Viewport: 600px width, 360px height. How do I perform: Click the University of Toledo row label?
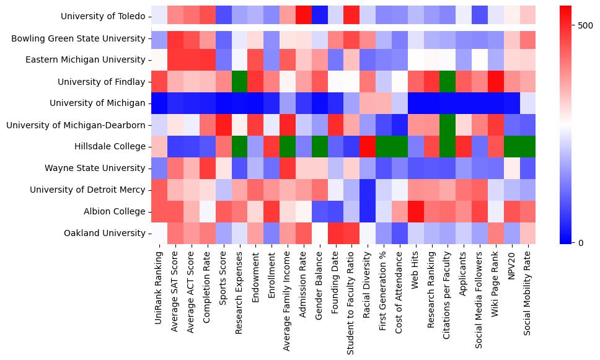click(104, 17)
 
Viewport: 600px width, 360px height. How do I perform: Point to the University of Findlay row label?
click(102, 82)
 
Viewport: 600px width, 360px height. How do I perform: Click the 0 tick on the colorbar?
click(580, 242)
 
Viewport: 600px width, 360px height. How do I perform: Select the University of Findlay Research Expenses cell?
click(240, 82)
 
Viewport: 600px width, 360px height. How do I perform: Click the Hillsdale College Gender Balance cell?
click(320, 147)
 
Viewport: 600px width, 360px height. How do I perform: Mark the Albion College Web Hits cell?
click(416, 212)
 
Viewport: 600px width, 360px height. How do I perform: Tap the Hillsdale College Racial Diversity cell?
click(368, 147)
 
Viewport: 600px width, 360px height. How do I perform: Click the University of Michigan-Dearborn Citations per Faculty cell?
click(448, 125)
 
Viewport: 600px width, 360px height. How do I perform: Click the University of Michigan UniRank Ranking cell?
click(159, 103)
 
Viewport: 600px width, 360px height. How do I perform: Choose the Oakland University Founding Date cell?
click(336, 234)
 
